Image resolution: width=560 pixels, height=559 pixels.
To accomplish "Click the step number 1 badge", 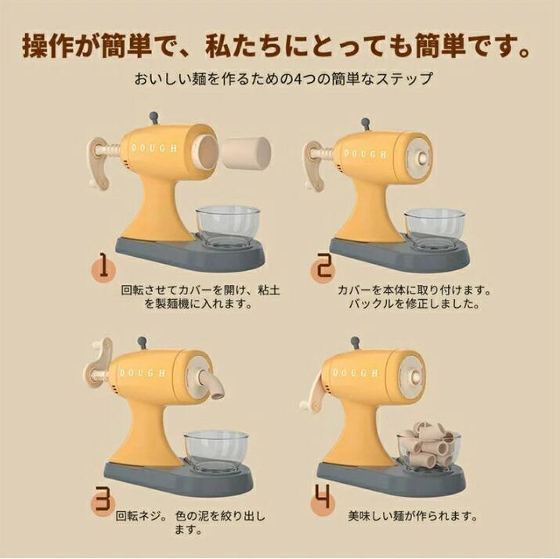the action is pos(103,266).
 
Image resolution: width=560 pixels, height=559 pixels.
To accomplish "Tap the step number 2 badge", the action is pos(323,269).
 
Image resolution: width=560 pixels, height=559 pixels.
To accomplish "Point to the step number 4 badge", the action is pos(323,497).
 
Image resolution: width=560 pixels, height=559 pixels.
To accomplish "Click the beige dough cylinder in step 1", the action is pos(247,153).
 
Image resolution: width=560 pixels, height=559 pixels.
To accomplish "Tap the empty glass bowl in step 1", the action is pos(228,226).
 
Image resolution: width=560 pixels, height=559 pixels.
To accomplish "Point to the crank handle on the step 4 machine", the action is pos(315,396).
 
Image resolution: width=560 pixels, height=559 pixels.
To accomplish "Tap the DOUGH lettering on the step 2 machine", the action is pos(365,154).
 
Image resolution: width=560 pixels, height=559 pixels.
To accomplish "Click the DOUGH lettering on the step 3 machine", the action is pos(143,373).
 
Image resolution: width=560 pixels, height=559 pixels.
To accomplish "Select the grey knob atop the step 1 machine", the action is pos(154,117).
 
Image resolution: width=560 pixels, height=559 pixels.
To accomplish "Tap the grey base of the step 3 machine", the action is pos(179,478).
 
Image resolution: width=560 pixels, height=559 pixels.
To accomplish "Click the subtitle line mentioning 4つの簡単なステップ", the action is pos(284,78).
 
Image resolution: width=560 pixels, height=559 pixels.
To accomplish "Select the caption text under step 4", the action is pos(413,516).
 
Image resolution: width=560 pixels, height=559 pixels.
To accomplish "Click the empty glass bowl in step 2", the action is pos(435,229).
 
